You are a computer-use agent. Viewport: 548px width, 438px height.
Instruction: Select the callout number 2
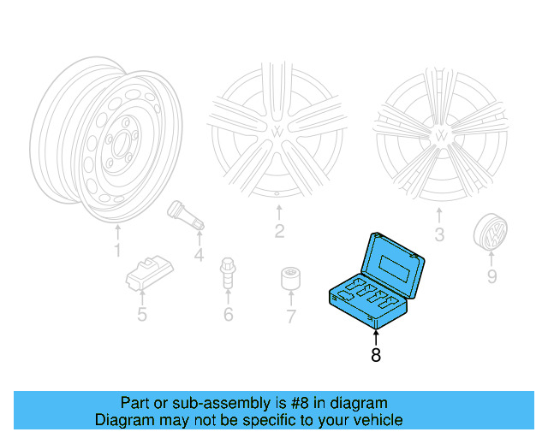click(x=279, y=231)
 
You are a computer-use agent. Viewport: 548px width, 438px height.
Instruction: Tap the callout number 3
click(x=440, y=234)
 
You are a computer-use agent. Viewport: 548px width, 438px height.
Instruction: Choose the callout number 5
click(x=141, y=315)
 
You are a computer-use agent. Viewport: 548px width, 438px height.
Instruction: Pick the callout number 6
click(x=228, y=315)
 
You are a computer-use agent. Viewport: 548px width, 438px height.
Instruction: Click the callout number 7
click(x=290, y=317)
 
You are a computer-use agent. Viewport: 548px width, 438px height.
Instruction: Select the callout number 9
click(x=491, y=275)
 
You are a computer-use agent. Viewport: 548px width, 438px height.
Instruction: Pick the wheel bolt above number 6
click(x=228, y=273)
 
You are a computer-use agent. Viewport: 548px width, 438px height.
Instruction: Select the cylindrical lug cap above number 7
click(x=290, y=279)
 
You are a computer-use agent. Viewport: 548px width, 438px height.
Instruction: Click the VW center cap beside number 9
click(x=490, y=233)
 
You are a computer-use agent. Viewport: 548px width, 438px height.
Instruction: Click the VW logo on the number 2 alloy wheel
click(x=280, y=133)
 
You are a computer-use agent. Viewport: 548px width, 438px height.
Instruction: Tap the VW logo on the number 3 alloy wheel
click(x=440, y=135)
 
